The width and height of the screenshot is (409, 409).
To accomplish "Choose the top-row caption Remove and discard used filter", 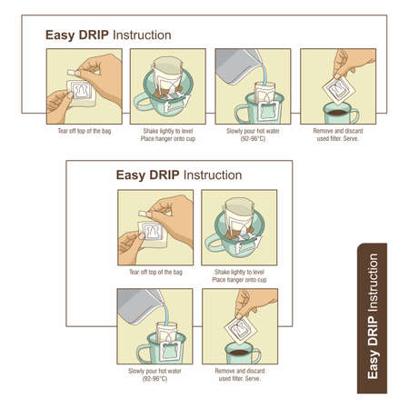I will (337, 134).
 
